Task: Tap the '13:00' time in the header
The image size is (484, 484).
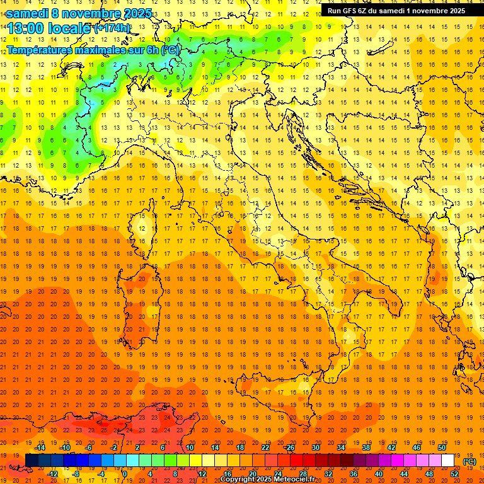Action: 25,28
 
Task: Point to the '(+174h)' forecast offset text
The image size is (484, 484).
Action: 112,28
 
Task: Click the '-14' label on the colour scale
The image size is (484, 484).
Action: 40,447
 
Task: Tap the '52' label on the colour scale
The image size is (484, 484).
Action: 454,474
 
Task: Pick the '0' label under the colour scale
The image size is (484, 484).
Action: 124,474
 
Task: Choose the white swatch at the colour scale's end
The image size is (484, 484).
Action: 448,461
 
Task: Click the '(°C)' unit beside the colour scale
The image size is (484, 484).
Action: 470,461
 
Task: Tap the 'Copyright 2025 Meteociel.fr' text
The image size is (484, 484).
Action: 267,480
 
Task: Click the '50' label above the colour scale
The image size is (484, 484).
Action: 441,447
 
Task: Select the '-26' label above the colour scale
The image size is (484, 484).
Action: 289,447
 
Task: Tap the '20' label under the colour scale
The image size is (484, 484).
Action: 252,474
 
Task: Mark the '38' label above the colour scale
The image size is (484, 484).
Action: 366,447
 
